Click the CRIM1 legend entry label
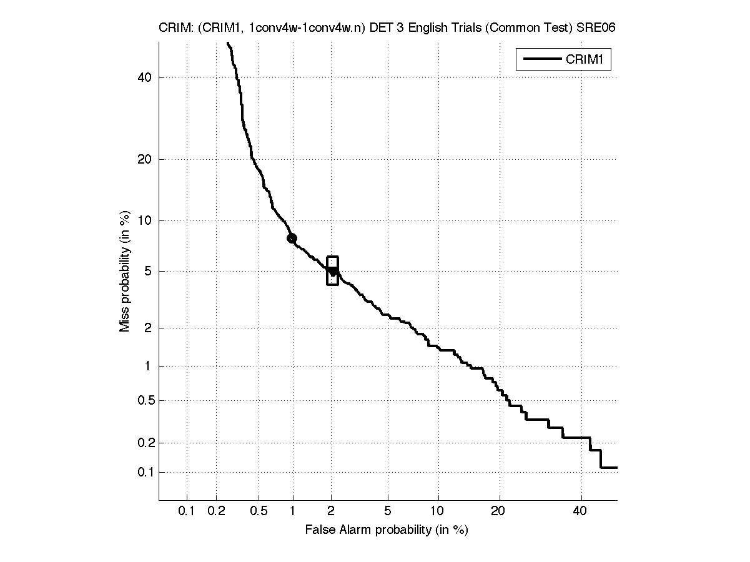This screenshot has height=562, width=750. pos(588,60)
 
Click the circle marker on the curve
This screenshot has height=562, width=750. pos(292,238)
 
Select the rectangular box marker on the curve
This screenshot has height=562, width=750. pos(332,271)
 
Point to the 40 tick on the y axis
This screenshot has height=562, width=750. pos(146,77)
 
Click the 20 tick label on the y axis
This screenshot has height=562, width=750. pos(146,159)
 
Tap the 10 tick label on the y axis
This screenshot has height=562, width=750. pos(146,220)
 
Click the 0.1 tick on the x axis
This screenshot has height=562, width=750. pos(186,511)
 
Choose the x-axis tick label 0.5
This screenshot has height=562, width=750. pos(259,511)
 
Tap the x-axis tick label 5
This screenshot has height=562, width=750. pos(388,511)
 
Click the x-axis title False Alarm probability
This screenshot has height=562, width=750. pos(386,530)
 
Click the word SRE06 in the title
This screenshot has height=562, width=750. pos(600,28)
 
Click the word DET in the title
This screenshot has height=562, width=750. pos(381,28)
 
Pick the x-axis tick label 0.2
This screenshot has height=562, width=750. pos(216,511)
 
